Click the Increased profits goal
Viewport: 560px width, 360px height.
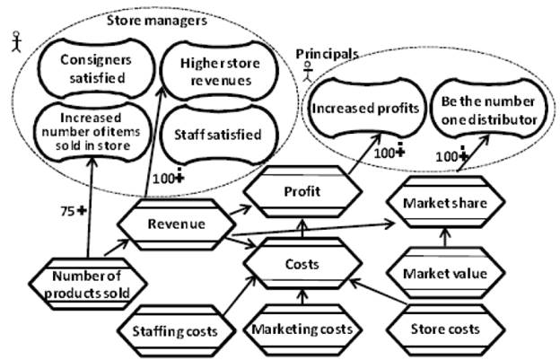coord(366,109)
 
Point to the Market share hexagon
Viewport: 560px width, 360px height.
coord(446,203)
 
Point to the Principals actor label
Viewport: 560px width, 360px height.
coord(328,55)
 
